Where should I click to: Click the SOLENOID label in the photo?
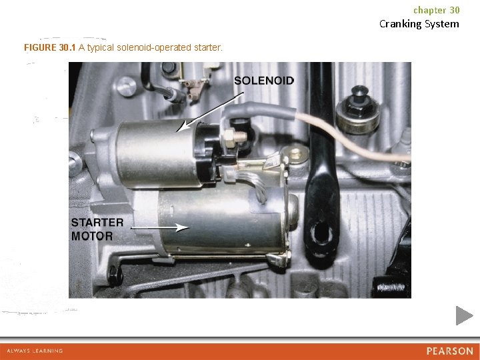(264, 80)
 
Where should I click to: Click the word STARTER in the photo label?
(97, 223)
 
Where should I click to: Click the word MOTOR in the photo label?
(93, 236)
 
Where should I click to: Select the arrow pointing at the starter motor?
(160, 227)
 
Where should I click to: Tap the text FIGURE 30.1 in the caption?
(50, 48)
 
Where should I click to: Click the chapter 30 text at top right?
(436, 10)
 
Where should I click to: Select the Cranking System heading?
(419, 24)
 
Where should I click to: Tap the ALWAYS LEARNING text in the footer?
(35, 351)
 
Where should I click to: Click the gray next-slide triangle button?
(464, 315)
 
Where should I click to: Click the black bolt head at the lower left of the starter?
(114, 272)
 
